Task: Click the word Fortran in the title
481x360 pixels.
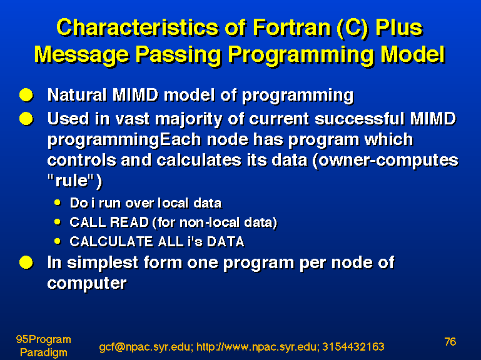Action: tap(292, 27)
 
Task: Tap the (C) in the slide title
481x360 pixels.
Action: tap(352, 29)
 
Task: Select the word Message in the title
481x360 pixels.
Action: tap(81, 55)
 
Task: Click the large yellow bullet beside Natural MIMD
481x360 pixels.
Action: tap(26, 95)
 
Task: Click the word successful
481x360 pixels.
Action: tap(360, 118)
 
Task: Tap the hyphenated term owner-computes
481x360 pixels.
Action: tap(385, 161)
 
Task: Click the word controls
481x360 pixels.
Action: tap(81, 160)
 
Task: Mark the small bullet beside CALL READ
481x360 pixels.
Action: tap(58, 221)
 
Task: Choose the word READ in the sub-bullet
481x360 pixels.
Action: tap(129, 222)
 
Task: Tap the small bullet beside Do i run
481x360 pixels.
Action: tap(58, 202)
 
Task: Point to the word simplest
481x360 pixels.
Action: tap(103, 263)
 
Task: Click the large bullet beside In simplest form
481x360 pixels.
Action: tap(26, 262)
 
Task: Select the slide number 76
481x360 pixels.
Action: tap(450, 341)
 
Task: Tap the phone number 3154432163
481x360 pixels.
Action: tap(353, 346)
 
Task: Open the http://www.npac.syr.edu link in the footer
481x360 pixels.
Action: tap(257, 347)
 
